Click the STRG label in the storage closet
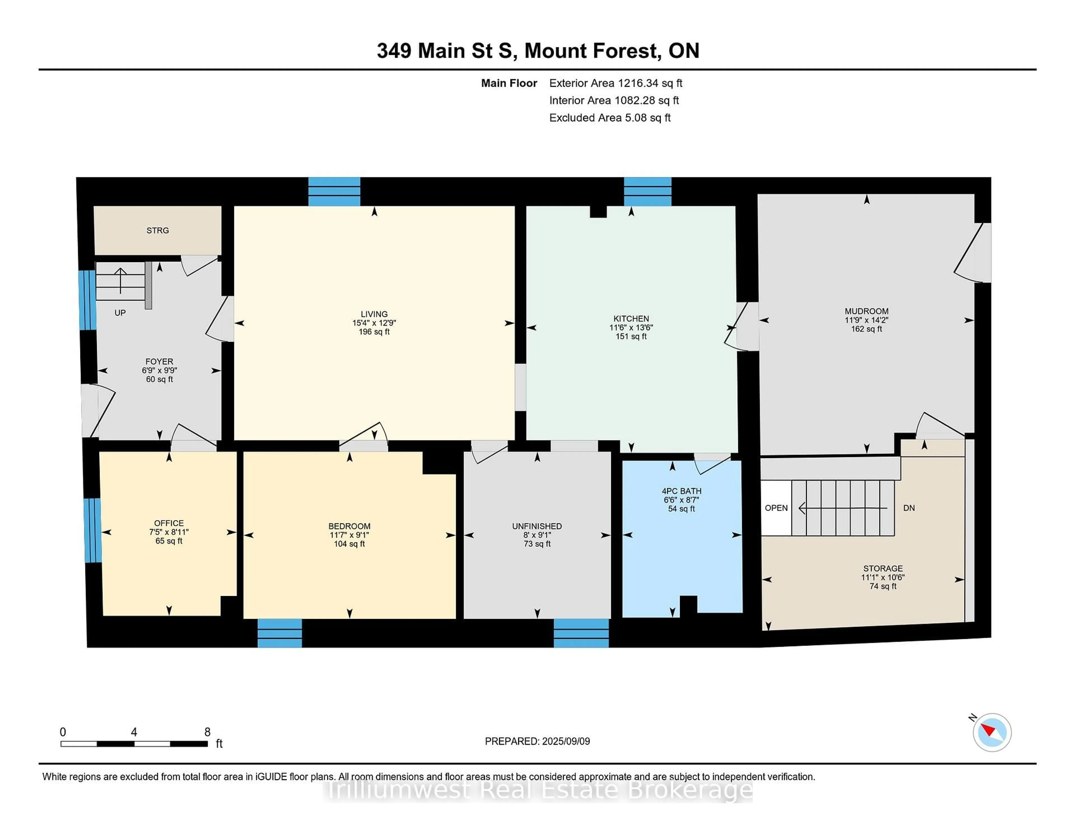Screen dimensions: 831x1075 click(158, 230)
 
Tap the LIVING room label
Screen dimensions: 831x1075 click(374, 314)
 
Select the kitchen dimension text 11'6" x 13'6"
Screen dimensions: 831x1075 click(631, 327)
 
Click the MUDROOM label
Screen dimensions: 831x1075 click(866, 311)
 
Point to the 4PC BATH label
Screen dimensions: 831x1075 click(681, 491)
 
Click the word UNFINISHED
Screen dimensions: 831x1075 click(536, 526)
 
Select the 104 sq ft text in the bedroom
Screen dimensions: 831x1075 click(349, 544)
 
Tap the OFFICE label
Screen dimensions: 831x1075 click(169, 523)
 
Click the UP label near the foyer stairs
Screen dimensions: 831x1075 click(120, 313)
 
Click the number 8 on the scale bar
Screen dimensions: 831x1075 click(207, 732)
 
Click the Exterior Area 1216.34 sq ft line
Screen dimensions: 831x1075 click(615, 83)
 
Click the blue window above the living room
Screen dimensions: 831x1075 click(334, 192)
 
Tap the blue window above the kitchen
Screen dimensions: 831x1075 click(647, 192)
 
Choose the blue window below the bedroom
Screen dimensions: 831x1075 click(280, 633)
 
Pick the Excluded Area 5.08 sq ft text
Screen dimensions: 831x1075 click(609, 118)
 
